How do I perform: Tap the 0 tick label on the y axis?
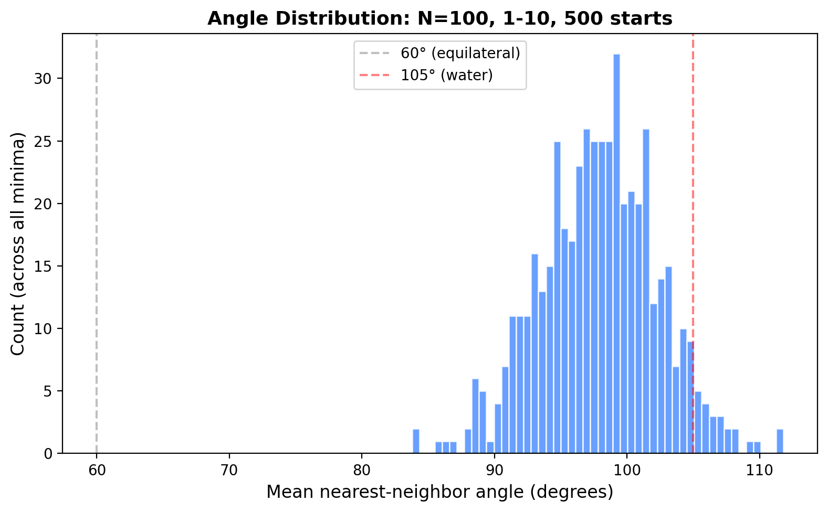pyautogui.click(x=48, y=454)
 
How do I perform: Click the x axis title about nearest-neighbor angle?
pyautogui.click(x=439, y=492)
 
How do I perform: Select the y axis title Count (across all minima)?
pyautogui.click(x=18, y=243)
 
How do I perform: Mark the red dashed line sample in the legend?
pyautogui.click(x=374, y=75)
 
